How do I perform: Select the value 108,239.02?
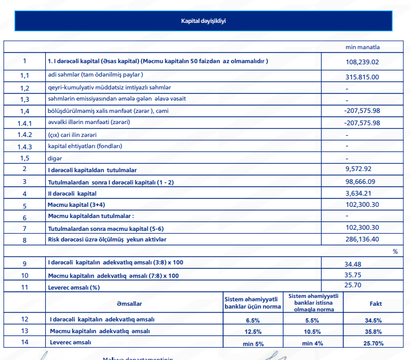362,62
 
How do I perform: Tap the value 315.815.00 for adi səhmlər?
362,77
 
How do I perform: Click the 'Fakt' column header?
376,303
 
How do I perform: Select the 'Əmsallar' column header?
129,304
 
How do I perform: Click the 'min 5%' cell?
252,343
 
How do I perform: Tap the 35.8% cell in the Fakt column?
373,332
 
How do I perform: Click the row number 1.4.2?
25,135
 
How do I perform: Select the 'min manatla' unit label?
362,47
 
